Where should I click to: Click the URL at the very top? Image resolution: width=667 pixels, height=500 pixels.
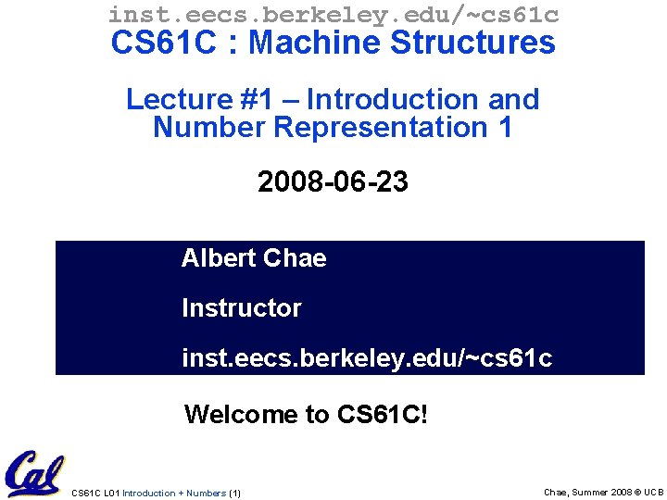tap(333, 14)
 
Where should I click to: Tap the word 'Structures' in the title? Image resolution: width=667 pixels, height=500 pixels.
tap(476, 43)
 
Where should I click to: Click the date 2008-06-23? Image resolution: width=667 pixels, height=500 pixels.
tap(333, 182)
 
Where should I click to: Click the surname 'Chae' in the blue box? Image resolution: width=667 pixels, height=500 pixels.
tap(296, 257)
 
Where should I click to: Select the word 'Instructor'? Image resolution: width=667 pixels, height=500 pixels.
tap(242, 307)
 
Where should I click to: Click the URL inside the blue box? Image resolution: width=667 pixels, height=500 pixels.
tap(367, 357)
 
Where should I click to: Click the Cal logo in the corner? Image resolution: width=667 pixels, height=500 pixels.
tap(33, 473)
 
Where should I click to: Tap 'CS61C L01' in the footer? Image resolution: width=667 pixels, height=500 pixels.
tap(95, 493)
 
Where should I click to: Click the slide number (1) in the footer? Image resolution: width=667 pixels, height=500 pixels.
tap(234, 493)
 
